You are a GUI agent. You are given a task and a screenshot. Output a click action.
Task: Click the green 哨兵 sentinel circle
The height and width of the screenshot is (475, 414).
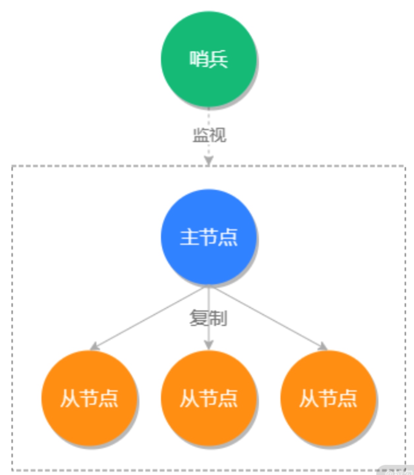[x=208, y=59]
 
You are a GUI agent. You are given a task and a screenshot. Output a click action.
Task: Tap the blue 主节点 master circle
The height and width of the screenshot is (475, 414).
[x=208, y=237]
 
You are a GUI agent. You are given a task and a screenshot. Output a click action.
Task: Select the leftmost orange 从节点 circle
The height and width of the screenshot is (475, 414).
[x=89, y=398]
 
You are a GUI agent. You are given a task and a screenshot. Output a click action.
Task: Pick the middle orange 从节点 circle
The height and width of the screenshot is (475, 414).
[x=208, y=398]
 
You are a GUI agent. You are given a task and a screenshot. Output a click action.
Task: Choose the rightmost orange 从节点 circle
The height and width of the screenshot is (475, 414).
[x=328, y=398]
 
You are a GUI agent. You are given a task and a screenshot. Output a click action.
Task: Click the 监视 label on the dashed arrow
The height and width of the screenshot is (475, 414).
[x=209, y=135]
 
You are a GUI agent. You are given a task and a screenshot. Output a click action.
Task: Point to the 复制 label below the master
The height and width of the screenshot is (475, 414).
[x=208, y=318]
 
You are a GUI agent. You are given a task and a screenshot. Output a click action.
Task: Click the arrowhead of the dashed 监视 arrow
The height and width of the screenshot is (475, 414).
[x=208, y=161]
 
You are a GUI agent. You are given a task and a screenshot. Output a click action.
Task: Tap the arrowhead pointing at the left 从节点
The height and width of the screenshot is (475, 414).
[x=95, y=346]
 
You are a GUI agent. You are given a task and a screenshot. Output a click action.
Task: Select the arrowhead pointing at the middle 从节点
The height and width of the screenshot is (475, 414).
[x=208, y=345]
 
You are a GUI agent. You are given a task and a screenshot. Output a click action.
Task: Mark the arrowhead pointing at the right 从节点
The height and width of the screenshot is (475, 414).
[x=323, y=346]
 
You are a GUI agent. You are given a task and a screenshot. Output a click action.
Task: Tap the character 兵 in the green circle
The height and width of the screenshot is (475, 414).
[x=218, y=59]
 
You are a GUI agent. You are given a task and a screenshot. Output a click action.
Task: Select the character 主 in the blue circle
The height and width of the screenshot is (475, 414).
[x=189, y=237]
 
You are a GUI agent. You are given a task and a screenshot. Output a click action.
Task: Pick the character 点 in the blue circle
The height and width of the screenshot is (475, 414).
[x=228, y=237]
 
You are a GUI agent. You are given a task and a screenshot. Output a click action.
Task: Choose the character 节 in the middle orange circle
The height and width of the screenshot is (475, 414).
[x=208, y=399]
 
